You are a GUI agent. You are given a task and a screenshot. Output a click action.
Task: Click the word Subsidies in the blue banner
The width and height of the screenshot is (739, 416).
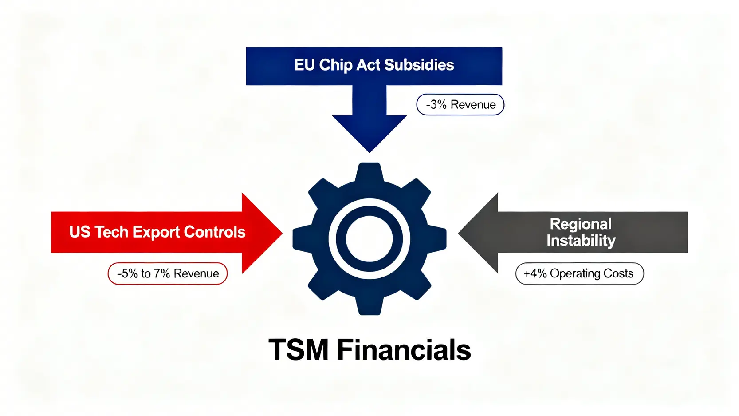(419, 65)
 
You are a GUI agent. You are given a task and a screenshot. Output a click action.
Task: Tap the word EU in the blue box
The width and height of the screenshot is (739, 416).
(304, 65)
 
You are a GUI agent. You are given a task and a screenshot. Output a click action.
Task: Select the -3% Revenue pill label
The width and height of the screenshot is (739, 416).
(460, 105)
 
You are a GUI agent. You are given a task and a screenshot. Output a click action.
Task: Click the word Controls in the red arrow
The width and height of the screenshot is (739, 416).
(214, 232)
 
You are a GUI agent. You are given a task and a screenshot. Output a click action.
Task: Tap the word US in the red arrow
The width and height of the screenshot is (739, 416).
(80, 232)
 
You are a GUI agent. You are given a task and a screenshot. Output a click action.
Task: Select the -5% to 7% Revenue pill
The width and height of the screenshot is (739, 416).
(168, 273)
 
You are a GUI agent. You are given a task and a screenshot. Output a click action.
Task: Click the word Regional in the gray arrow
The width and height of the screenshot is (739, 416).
(581, 224)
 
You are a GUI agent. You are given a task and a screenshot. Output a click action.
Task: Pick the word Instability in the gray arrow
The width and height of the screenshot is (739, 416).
(581, 241)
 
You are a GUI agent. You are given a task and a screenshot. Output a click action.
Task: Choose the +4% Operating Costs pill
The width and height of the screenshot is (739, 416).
(579, 273)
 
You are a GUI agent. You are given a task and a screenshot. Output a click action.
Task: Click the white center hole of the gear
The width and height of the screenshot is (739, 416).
(369, 239)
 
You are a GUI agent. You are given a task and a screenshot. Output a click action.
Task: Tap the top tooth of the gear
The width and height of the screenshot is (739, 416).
(369, 171)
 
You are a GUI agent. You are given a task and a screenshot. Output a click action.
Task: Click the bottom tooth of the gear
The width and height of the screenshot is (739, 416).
(369, 307)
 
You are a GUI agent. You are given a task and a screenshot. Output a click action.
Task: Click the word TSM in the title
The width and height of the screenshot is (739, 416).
(298, 350)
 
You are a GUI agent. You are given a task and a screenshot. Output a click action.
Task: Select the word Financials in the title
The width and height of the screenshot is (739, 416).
(404, 350)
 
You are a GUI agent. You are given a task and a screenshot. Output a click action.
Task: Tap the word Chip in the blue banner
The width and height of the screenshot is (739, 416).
(336, 65)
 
